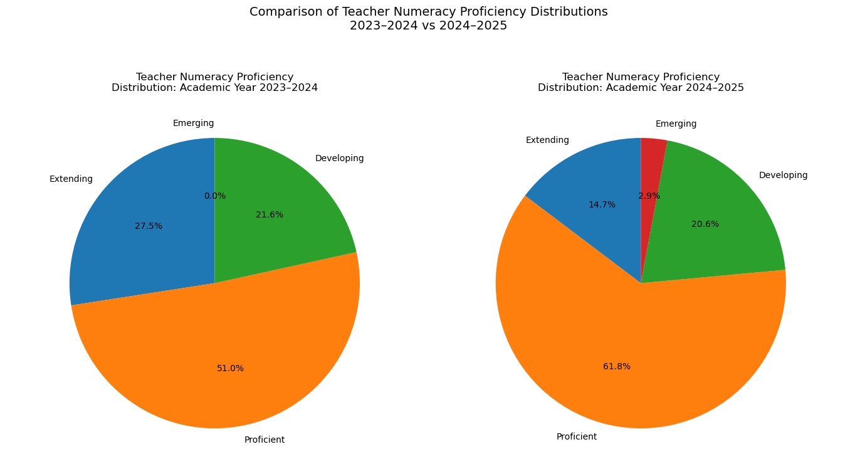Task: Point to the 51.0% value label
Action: pyautogui.click(x=230, y=369)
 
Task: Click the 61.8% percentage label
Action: pyautogui.click(x=617, y=367)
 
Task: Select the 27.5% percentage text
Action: pyautogui.click(x=149, y=226)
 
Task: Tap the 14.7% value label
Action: pyautogui.click(x=602, y=205)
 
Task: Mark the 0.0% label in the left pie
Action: pyautogui.click(x=215, y=196)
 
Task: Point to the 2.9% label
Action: pyautogui.click(x=649, y=196)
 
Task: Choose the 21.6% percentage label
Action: pyautogui.click(x=270, y=215)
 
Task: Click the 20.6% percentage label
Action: pyautogui.click(x=705, y=224)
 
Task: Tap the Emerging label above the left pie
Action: pyautogui.click(x=194, y=124)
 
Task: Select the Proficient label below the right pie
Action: pyautogui.click(x=577, y=437)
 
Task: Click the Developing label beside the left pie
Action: pyautogui.click(x=339, y=159)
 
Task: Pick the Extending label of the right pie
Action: pyautogui.click(x=547, y=140)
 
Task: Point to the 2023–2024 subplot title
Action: pyautogui.click(x=214, y=82)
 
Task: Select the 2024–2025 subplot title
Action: pyautogui.click(x=641, y=82)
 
